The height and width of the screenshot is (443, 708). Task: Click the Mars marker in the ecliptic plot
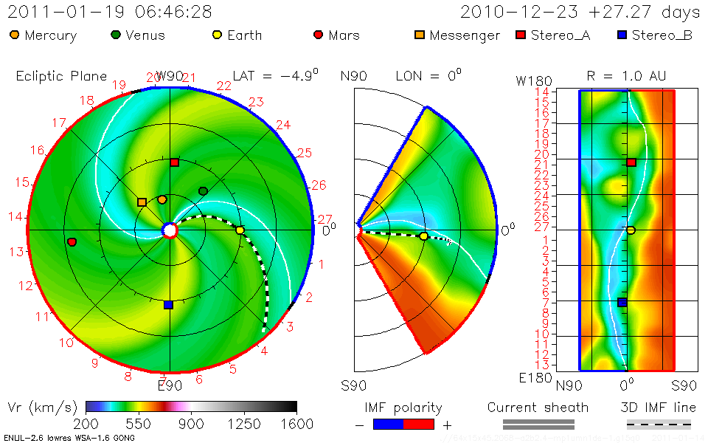(72, 242)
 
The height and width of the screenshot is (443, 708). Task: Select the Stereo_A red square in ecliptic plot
(175, 162)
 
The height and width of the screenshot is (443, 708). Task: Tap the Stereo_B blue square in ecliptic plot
(168, 305)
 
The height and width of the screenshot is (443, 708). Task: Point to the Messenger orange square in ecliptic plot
(142, 202)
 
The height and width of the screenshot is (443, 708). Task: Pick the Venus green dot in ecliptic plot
(204, 191)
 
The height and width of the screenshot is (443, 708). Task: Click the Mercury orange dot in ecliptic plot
(162, 199)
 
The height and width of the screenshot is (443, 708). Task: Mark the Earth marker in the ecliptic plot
(240, 230)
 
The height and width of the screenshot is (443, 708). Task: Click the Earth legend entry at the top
(236, 35)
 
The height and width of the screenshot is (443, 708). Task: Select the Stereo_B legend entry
(654, 35)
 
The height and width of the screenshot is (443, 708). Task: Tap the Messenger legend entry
(457, 35)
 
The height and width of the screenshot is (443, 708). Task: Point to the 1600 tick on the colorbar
(296, 424)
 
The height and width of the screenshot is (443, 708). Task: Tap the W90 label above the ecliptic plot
(169, 76)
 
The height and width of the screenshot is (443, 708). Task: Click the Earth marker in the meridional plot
(423, 236)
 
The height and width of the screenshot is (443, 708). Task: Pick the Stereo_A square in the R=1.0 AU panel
(631, 162)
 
